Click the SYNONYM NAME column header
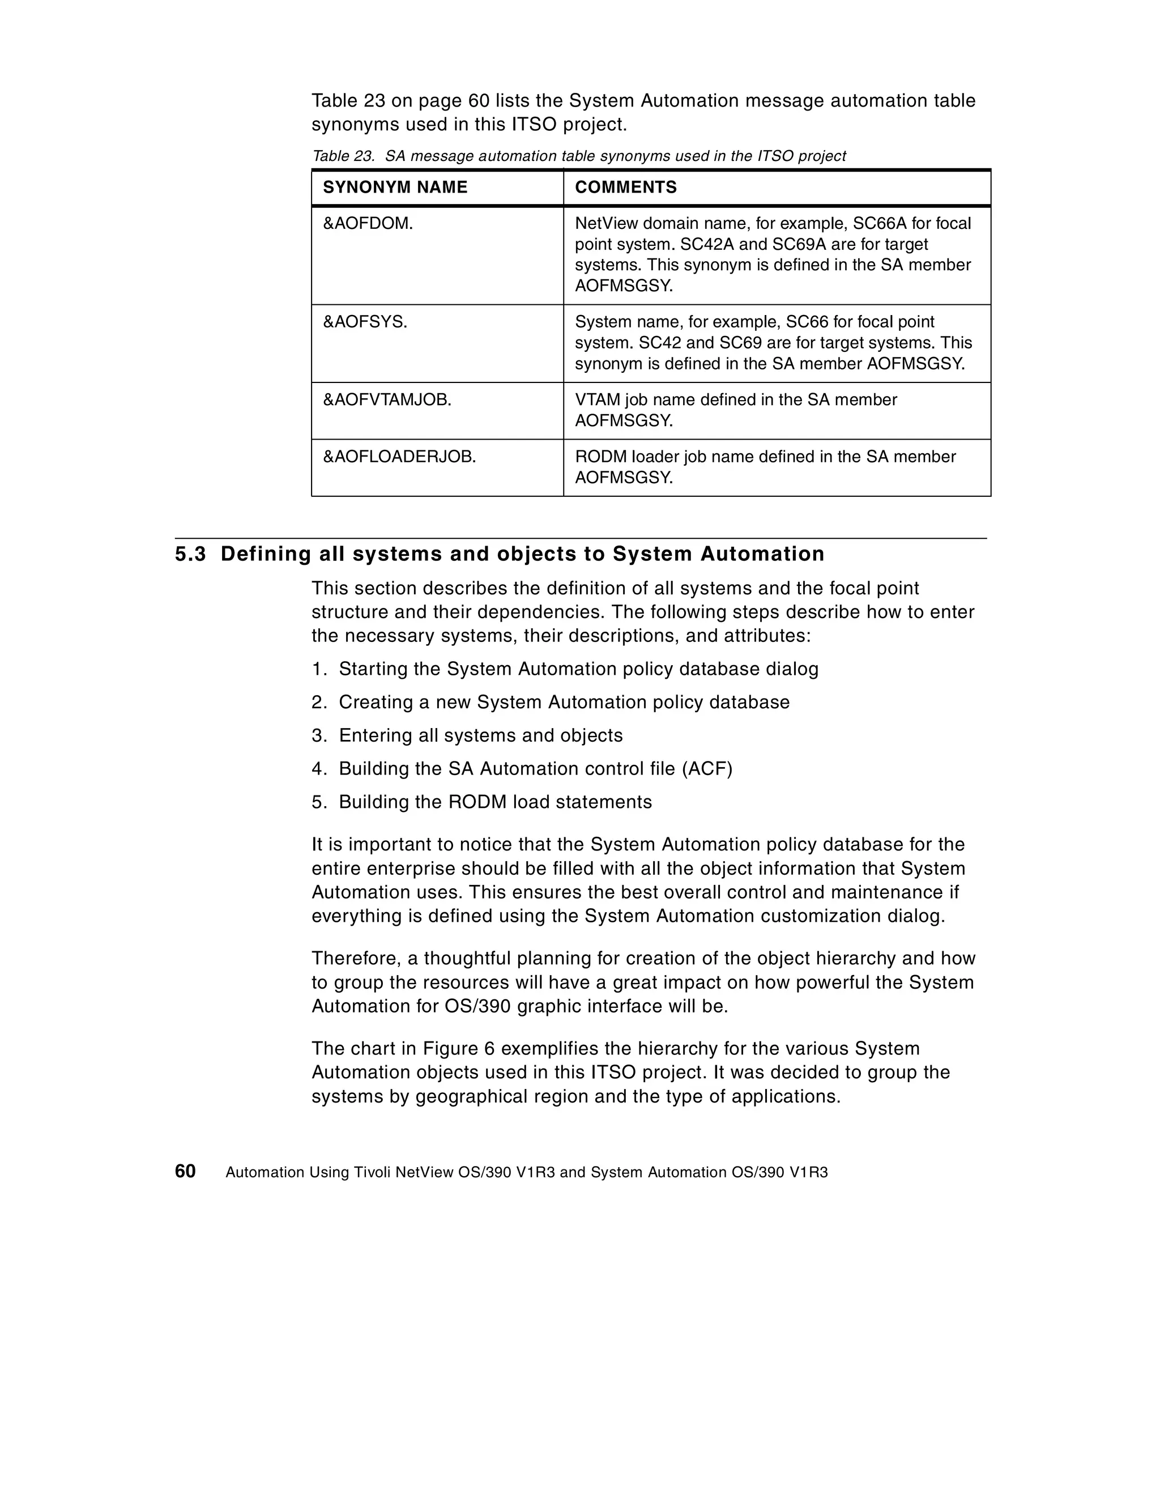395,187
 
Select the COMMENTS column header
625,187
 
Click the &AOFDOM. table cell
368,223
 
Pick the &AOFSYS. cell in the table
365,322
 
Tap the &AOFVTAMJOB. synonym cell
387,399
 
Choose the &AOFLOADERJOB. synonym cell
399,457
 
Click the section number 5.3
190,554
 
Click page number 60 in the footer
185,1171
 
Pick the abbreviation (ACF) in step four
707,768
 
